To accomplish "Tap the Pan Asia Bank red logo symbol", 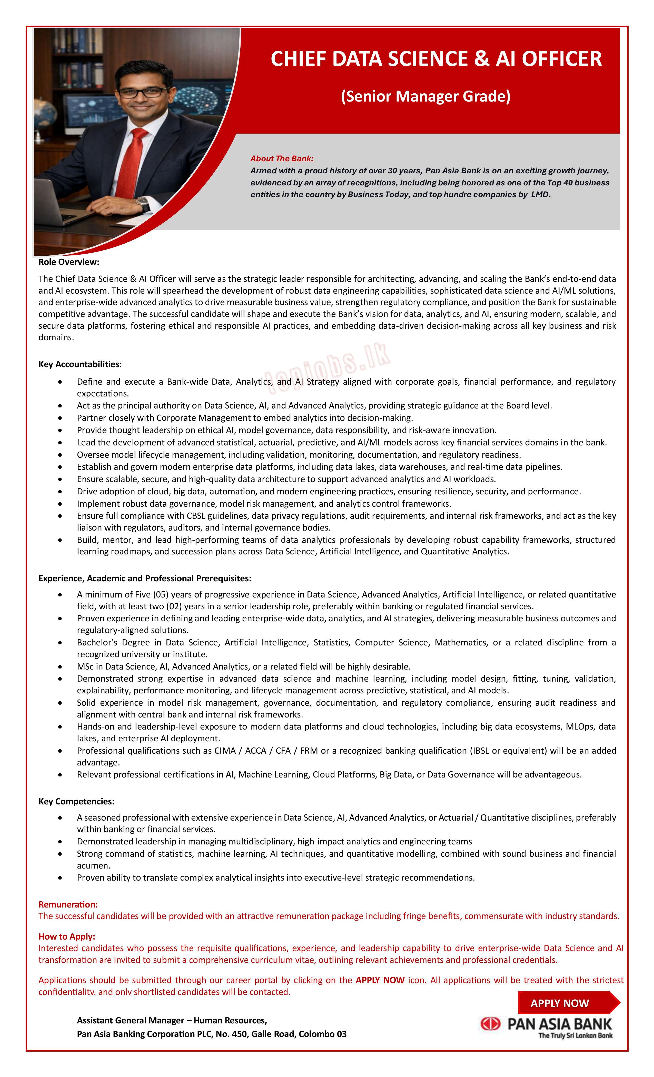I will tap(490, 1023).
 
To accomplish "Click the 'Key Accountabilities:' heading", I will tap(80, 364).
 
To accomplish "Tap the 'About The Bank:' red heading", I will tap(282, 159).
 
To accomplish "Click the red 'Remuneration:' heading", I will tap(68, 904).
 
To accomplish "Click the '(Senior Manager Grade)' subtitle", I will tap(425, 96).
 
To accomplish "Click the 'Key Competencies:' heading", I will tap(76, 801).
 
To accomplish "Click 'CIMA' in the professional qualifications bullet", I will tap(225, 751).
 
